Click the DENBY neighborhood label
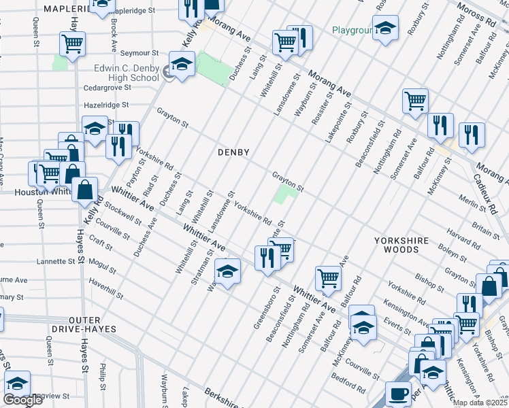[233, 152]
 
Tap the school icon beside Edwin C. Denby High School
[182, 66]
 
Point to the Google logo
[22, 400]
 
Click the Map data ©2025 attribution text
[479, 403]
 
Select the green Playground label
[351, 30]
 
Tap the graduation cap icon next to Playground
[386, 29]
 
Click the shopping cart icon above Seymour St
[72, 44]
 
